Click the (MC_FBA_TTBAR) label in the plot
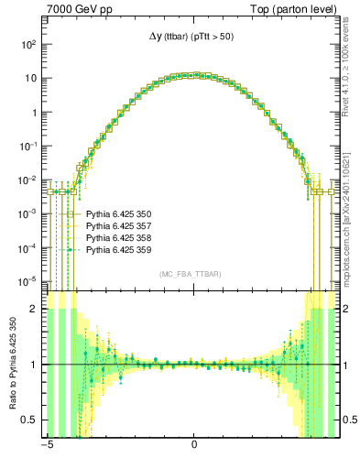(x=190, y=274)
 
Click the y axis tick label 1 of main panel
(x=32, y=112)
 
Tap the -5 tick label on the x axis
(x=46, y=448)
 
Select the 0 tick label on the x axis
(x=194, y=448)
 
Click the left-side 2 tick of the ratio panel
(x=32, y=310)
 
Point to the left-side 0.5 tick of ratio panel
(x=27, y=420)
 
